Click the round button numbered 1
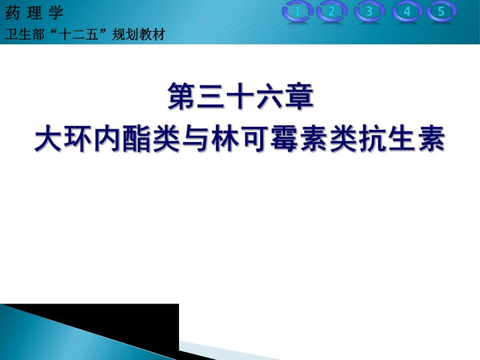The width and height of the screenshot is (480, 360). pos(298,12)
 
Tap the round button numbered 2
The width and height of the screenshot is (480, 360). pos(331,12)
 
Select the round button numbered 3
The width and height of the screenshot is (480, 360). pos(369,12)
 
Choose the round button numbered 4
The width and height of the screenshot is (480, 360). pos(407,12)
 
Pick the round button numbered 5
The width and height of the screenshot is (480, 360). pos(441,12)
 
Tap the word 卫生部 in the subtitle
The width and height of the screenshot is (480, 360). pos(23,34)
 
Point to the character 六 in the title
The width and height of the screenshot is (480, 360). pos(269,98)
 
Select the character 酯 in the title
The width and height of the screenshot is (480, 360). pos(137,139)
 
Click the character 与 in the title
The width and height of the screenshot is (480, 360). pos(196,139)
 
